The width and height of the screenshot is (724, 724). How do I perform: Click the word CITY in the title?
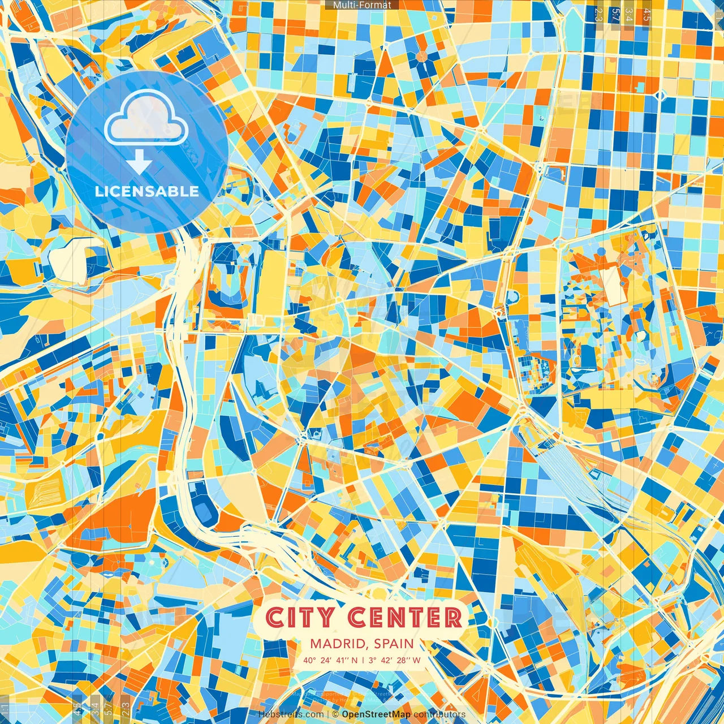click(300, 618)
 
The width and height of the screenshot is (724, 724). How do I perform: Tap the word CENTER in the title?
click(404, 618)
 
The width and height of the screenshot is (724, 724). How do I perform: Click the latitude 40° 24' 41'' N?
click(330, 660)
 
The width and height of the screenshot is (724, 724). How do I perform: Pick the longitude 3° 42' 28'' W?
click(394, 660)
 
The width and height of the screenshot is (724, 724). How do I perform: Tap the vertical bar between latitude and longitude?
click(363, 660)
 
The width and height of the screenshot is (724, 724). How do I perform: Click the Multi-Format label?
click(362, 5)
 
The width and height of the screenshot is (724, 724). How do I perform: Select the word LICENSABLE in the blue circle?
click(147, 191)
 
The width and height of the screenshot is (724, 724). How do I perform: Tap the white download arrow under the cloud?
click(139, 163)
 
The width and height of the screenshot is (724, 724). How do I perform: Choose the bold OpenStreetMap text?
click(376, 714)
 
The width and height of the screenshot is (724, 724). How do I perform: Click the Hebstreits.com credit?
click(291, 714)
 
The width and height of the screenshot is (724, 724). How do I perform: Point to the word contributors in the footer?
click(439, 714)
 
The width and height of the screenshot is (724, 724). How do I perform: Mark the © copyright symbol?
click(335, 714)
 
